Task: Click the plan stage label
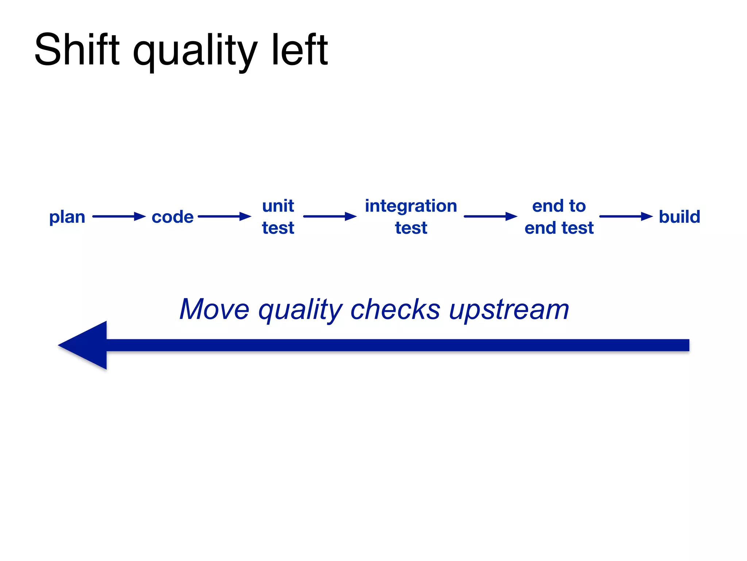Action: coord(67,217)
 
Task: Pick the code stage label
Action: coord(173,217)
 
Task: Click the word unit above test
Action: coord(278,206)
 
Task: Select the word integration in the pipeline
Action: coord(411,206)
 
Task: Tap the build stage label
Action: coord(679,217)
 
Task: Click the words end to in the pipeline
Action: coord(559,206)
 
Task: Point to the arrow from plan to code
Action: coord(119,217)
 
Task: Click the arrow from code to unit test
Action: coord(224,217)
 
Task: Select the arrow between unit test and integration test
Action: coord(329,217)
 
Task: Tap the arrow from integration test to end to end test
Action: coord(490,217)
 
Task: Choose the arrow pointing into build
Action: coord(626,217)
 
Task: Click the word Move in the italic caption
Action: coord(214,309)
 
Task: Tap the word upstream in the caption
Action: coord(509,310)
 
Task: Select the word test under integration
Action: coord(411,228)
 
